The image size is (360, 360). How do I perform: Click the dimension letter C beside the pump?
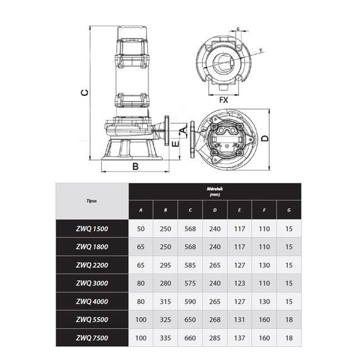pos(85,92)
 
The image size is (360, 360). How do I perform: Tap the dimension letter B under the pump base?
pos(135,166)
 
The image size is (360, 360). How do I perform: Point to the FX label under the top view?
pos(224,100)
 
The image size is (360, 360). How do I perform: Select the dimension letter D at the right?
pos(265,138)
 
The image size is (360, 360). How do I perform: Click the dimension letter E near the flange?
pos(176,144)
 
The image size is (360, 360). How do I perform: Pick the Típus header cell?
pos(92,201)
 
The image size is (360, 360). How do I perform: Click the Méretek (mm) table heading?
pos(215,191)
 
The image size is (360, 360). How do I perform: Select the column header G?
pos(289,210)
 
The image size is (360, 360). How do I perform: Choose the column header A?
pos(141,210)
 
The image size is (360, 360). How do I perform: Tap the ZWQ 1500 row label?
pos(92,229)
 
